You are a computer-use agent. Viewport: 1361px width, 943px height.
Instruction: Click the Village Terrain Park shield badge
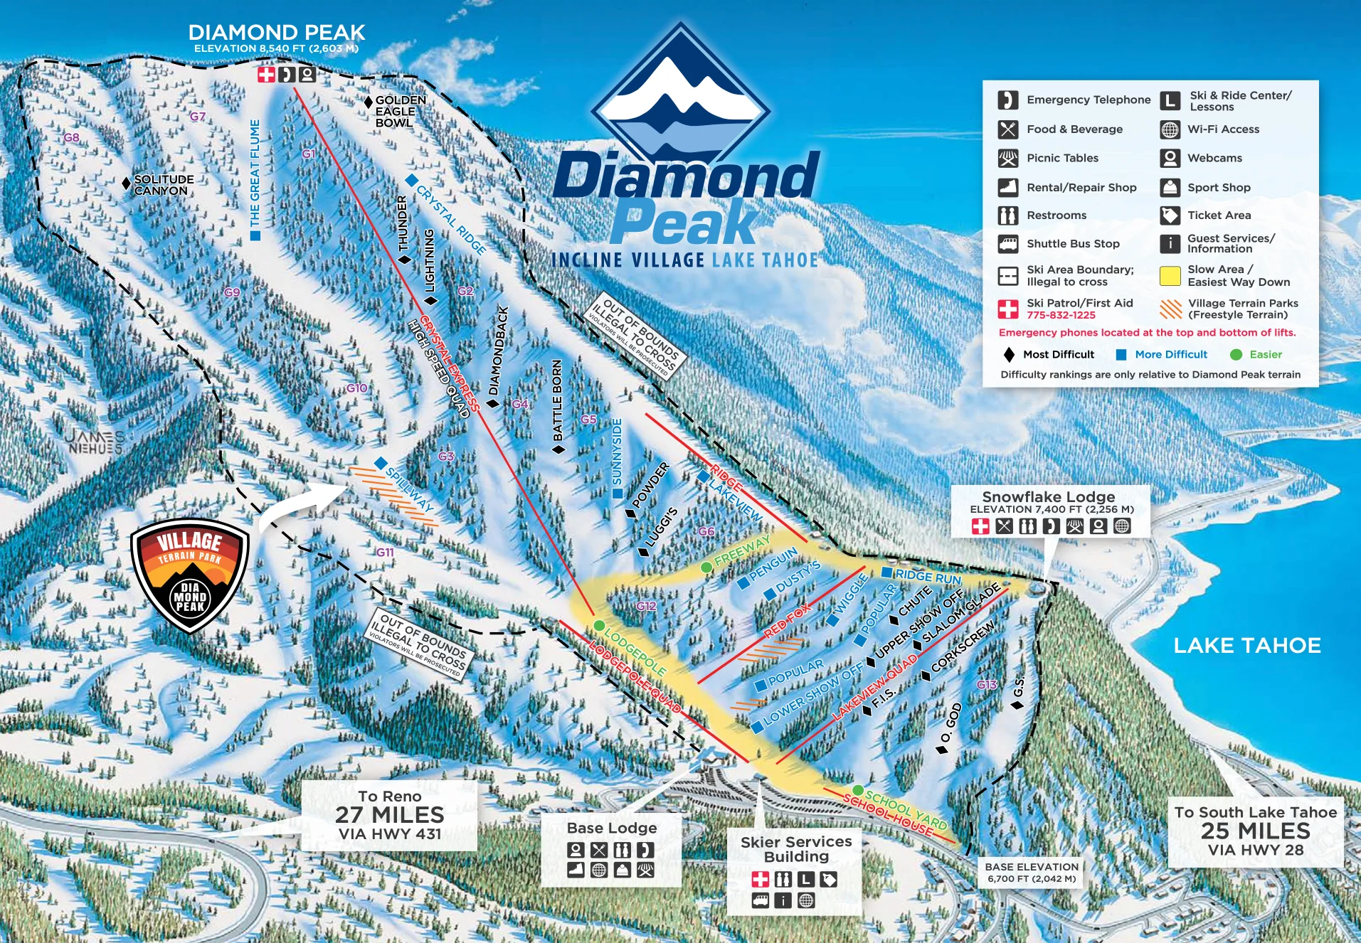[x=190, y=575]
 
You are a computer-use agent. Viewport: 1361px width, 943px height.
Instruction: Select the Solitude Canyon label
[x=163, y=185]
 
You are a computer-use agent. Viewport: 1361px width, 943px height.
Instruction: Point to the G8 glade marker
[x=72, y=137]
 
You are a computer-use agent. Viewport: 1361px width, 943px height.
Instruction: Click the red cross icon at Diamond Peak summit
[x=266, y=75]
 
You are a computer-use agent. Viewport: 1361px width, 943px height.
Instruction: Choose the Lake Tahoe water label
[x=1246, y=645]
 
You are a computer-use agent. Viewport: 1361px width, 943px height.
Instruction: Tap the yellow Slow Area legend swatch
[x=1170, y=276]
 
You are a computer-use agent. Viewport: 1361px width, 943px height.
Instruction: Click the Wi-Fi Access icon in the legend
[x=1170, y=129]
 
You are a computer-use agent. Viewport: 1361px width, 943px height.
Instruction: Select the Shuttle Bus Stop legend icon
[x=1007, y=244]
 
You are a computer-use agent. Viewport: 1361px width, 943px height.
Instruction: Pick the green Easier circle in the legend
[x=1236, y=355]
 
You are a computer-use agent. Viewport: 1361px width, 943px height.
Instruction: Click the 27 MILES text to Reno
[x=390, y=815]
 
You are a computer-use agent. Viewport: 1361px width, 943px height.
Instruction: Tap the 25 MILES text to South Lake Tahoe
[x=1256, y=831]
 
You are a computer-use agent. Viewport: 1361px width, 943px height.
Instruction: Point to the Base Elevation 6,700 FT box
[x=1032, y=873]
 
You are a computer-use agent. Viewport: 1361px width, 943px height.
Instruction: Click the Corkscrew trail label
[x=963, y=646]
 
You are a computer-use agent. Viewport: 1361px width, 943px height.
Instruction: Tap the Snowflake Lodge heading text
[x=1048, y=496]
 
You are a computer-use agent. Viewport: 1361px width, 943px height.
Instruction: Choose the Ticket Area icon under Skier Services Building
[x=828, y=880]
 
